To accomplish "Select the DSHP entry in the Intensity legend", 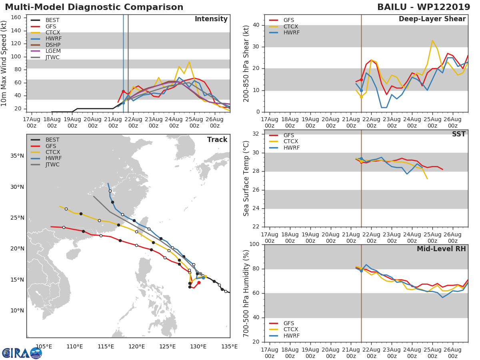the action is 53,45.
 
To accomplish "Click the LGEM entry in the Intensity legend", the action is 53,51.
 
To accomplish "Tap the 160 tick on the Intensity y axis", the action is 16,18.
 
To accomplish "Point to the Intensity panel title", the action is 211,19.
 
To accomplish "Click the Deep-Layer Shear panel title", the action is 432,19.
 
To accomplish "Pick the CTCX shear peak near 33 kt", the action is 432,40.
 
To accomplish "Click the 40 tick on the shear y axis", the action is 256,25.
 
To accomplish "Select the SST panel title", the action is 459,134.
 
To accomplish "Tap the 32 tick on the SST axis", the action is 256,134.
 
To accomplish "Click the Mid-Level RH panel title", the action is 441,249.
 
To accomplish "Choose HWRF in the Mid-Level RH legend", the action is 292,336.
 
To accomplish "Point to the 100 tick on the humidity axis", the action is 254,244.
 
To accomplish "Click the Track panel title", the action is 217,140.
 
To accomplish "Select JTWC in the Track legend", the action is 52,164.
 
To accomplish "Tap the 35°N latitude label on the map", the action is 17,156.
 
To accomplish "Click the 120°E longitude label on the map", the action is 137,346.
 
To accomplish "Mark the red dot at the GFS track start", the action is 199,283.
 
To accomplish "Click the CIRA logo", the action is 22,353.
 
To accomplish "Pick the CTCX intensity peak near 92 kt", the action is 189,62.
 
